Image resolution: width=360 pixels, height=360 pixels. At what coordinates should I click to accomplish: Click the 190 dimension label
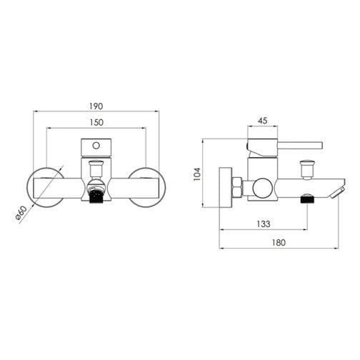tap(96, 106)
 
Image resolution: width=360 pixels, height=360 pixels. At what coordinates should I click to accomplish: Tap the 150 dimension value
tap(96, 122)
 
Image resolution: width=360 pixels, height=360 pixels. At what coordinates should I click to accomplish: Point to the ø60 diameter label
tap(21, 214)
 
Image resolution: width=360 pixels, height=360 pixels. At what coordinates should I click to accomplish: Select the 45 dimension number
tap(263, 121)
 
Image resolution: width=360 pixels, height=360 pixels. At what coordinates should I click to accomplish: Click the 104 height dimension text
tap(197, 174)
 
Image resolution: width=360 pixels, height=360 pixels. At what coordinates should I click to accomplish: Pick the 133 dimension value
tap(264, 224)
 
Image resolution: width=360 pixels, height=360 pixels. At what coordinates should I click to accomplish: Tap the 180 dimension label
tap(279, 243)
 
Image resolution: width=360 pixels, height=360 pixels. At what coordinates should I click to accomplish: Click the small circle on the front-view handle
tap(96, 146)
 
